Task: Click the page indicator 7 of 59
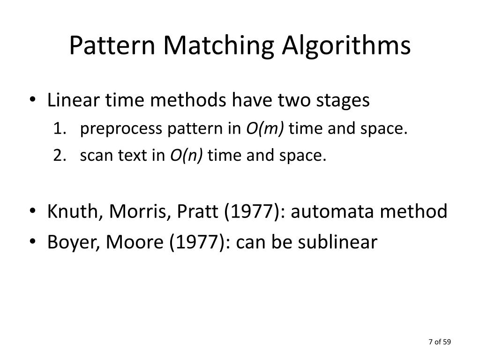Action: (439, 342)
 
